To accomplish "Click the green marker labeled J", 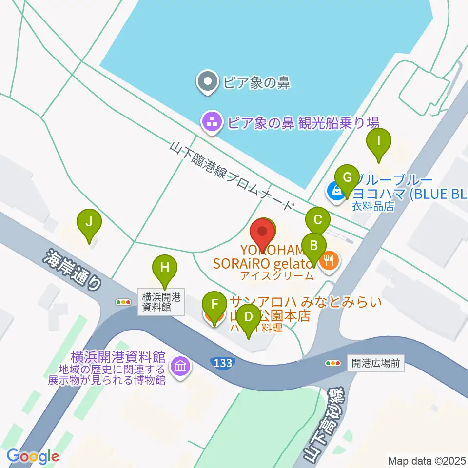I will point(89,222).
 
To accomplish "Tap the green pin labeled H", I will point(165,268).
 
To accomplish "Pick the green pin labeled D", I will point(249,317).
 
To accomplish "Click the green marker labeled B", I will point(314,246).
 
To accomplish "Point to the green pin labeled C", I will point(318,220).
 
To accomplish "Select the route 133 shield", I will point(222,363).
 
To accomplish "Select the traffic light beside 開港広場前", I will point(333,363).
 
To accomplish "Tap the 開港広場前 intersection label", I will point(375,363).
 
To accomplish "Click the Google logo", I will point(33,456).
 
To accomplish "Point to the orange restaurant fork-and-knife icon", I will point(330,260).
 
